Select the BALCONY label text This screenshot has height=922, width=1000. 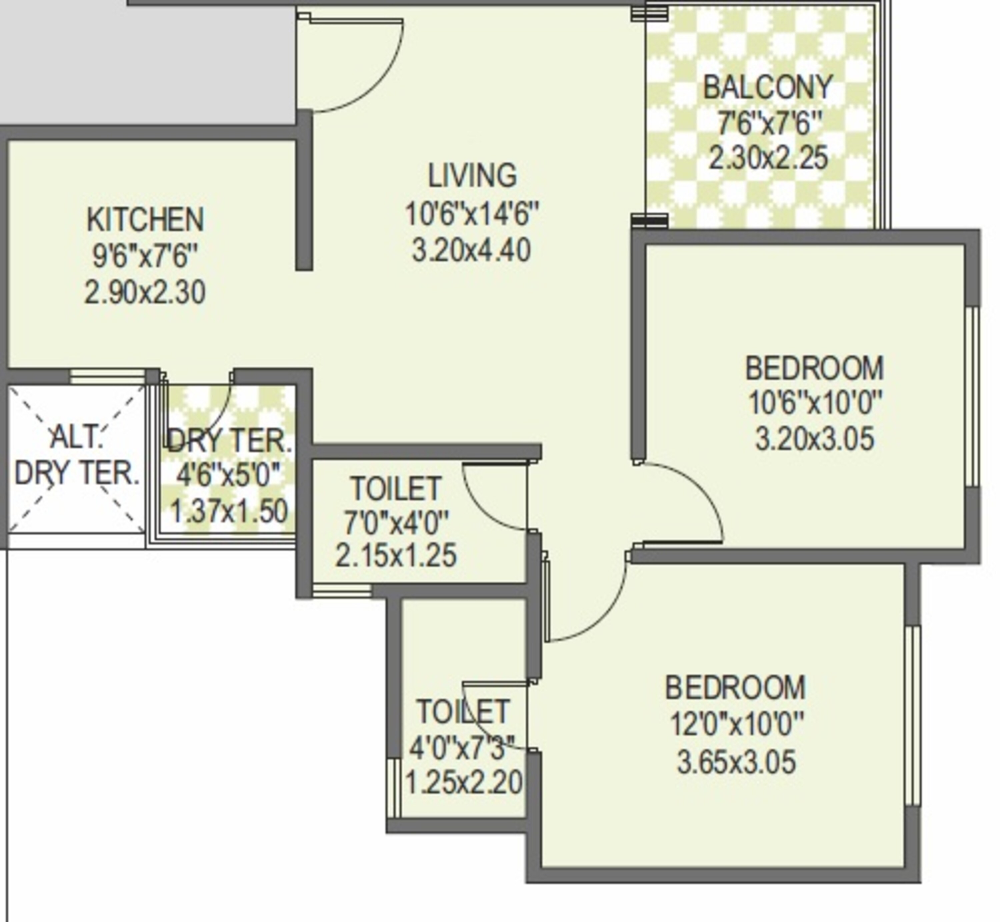[768, 87]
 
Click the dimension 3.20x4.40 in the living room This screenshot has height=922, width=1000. [471, 250]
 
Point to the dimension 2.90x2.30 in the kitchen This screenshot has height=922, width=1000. [145, 293]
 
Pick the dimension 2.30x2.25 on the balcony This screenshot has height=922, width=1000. [768, 158]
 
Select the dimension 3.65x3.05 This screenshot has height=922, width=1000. [736, 763]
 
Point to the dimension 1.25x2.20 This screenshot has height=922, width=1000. [464, 782]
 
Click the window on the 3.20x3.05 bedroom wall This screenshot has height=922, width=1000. [972, 396]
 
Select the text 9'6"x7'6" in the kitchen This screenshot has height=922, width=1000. [145, 256]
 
